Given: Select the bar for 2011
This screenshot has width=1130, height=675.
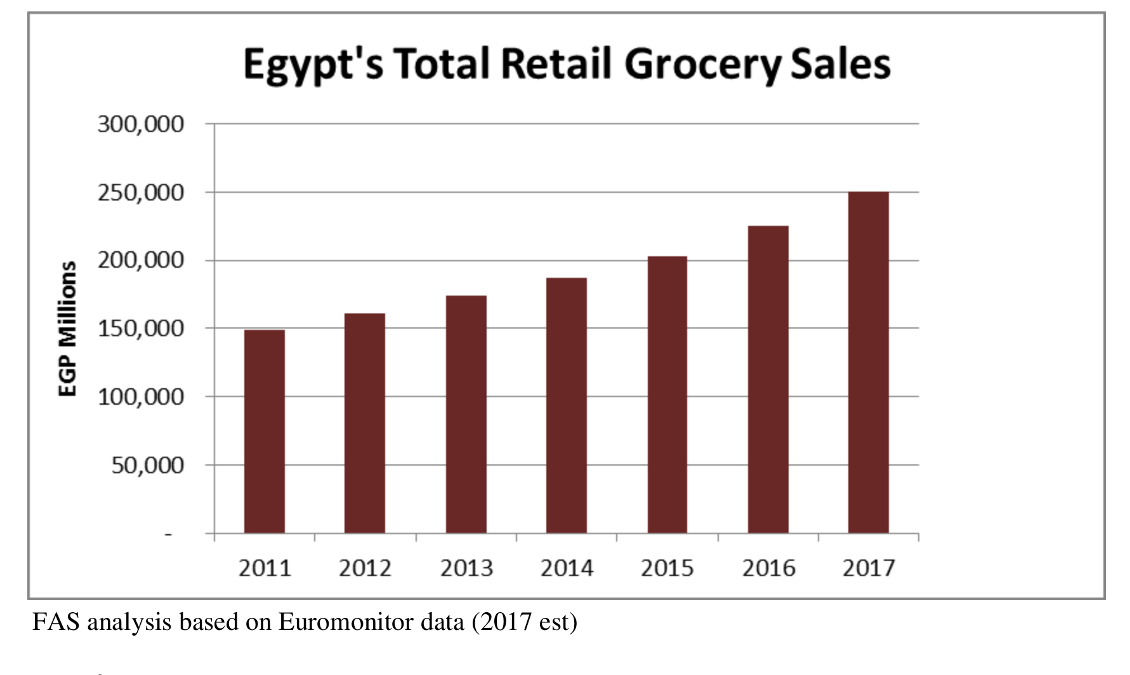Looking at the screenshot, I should (x=265, y=431).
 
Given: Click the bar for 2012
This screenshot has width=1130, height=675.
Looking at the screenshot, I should (x=365, y=423).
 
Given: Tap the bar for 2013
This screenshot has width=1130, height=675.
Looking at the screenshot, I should (x=466, y=414).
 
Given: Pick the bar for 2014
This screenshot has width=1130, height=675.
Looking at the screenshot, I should (x=567, y=405).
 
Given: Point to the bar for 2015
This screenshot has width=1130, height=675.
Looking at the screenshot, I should (x=667, y=395).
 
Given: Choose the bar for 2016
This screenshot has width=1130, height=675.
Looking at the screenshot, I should (x=768, y=379).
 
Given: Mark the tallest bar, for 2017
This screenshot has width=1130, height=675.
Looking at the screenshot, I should (x=869, y=362).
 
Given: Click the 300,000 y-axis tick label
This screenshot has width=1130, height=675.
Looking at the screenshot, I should (x=141, y=124).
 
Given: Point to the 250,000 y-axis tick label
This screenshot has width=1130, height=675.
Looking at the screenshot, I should (x=141, y=193).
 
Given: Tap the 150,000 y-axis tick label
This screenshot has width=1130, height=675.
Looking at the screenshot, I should (x=141, y=329).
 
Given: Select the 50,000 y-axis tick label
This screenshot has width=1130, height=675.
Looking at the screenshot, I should (x=148, y=466).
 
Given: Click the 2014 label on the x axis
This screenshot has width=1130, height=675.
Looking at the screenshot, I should (x=567, y=568).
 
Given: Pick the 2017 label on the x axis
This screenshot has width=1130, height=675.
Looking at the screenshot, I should (x=869, y=568).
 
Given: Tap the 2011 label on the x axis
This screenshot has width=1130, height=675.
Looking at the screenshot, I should (x=265, y=568).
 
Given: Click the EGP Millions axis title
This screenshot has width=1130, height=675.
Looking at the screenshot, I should (x=67, y=329).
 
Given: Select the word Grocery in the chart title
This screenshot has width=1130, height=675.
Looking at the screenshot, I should (x=702, y=65).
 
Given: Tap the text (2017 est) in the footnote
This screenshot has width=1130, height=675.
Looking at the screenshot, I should (x=525, y=622).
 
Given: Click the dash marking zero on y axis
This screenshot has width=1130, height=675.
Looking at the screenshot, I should (x=168, y=535).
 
